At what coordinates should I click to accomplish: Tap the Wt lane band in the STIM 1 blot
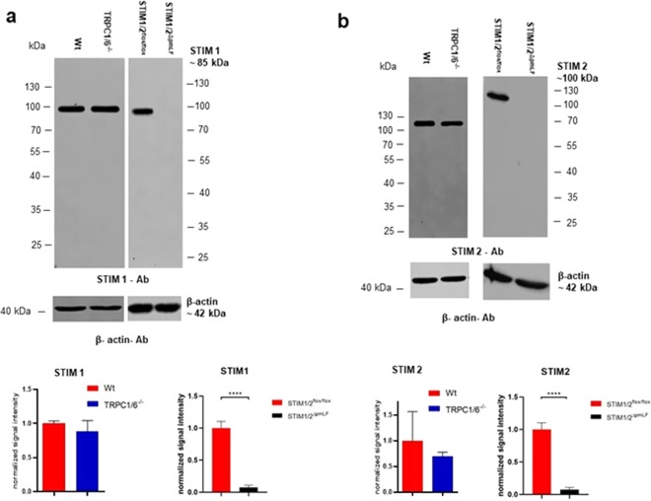point(72,108)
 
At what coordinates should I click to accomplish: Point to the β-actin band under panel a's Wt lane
point(72,306)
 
